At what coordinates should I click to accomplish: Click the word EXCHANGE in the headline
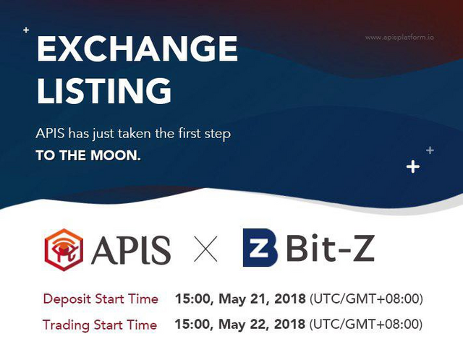(137, 48)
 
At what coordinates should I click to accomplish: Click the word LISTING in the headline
(104, 90)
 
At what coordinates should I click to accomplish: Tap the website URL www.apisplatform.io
(399, 38)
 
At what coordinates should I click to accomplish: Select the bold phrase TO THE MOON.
(88, 155)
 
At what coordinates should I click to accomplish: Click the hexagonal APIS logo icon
(64, 249)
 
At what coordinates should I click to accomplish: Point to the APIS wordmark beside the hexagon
(131, 250)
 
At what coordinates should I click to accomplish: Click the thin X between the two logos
(205, 249)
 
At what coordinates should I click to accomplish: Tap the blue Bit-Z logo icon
(260, 248)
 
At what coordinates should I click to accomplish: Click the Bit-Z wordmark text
(330, 247)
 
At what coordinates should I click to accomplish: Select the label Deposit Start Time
(101, 299)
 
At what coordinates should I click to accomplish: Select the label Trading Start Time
(100, 325)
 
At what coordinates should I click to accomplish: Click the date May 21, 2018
(262, 299)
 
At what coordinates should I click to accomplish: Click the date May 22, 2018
(262, 325)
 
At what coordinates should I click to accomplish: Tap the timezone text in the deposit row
(366, 299)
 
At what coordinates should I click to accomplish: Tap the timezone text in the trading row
(366, 325)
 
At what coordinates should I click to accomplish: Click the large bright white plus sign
(413, 167)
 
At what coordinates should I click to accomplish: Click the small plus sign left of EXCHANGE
(26, 30)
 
